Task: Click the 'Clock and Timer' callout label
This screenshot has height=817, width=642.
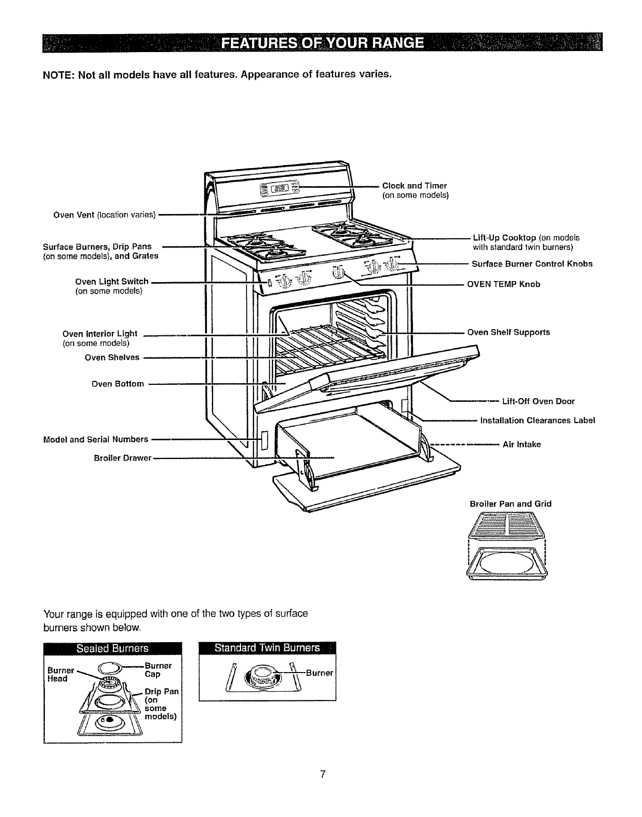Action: coord(414,186)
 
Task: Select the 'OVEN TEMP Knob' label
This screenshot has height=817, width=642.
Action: coord(503,284)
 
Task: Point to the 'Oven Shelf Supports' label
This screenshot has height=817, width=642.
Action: coord(508,332)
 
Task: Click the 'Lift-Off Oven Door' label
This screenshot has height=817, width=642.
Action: coord(538,401)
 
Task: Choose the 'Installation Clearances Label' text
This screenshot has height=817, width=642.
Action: coord(538,420)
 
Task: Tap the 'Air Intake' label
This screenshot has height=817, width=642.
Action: coord(522,444)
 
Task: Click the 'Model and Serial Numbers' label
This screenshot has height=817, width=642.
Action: coord(95,439)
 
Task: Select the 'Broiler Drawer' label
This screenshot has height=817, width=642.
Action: coord(122,458)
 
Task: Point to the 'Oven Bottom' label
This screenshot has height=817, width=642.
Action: coord(118,384)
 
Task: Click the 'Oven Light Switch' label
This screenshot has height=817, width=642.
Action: coord(112,282)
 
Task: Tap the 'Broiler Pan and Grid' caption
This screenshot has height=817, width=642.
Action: coord(510,503)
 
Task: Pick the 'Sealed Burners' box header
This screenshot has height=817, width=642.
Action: coord(113,648)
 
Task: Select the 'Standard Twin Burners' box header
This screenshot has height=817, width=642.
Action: coord(267,648)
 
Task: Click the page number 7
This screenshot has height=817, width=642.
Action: coord(322,774)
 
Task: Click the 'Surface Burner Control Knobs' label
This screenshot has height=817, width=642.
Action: coord(532,264)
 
